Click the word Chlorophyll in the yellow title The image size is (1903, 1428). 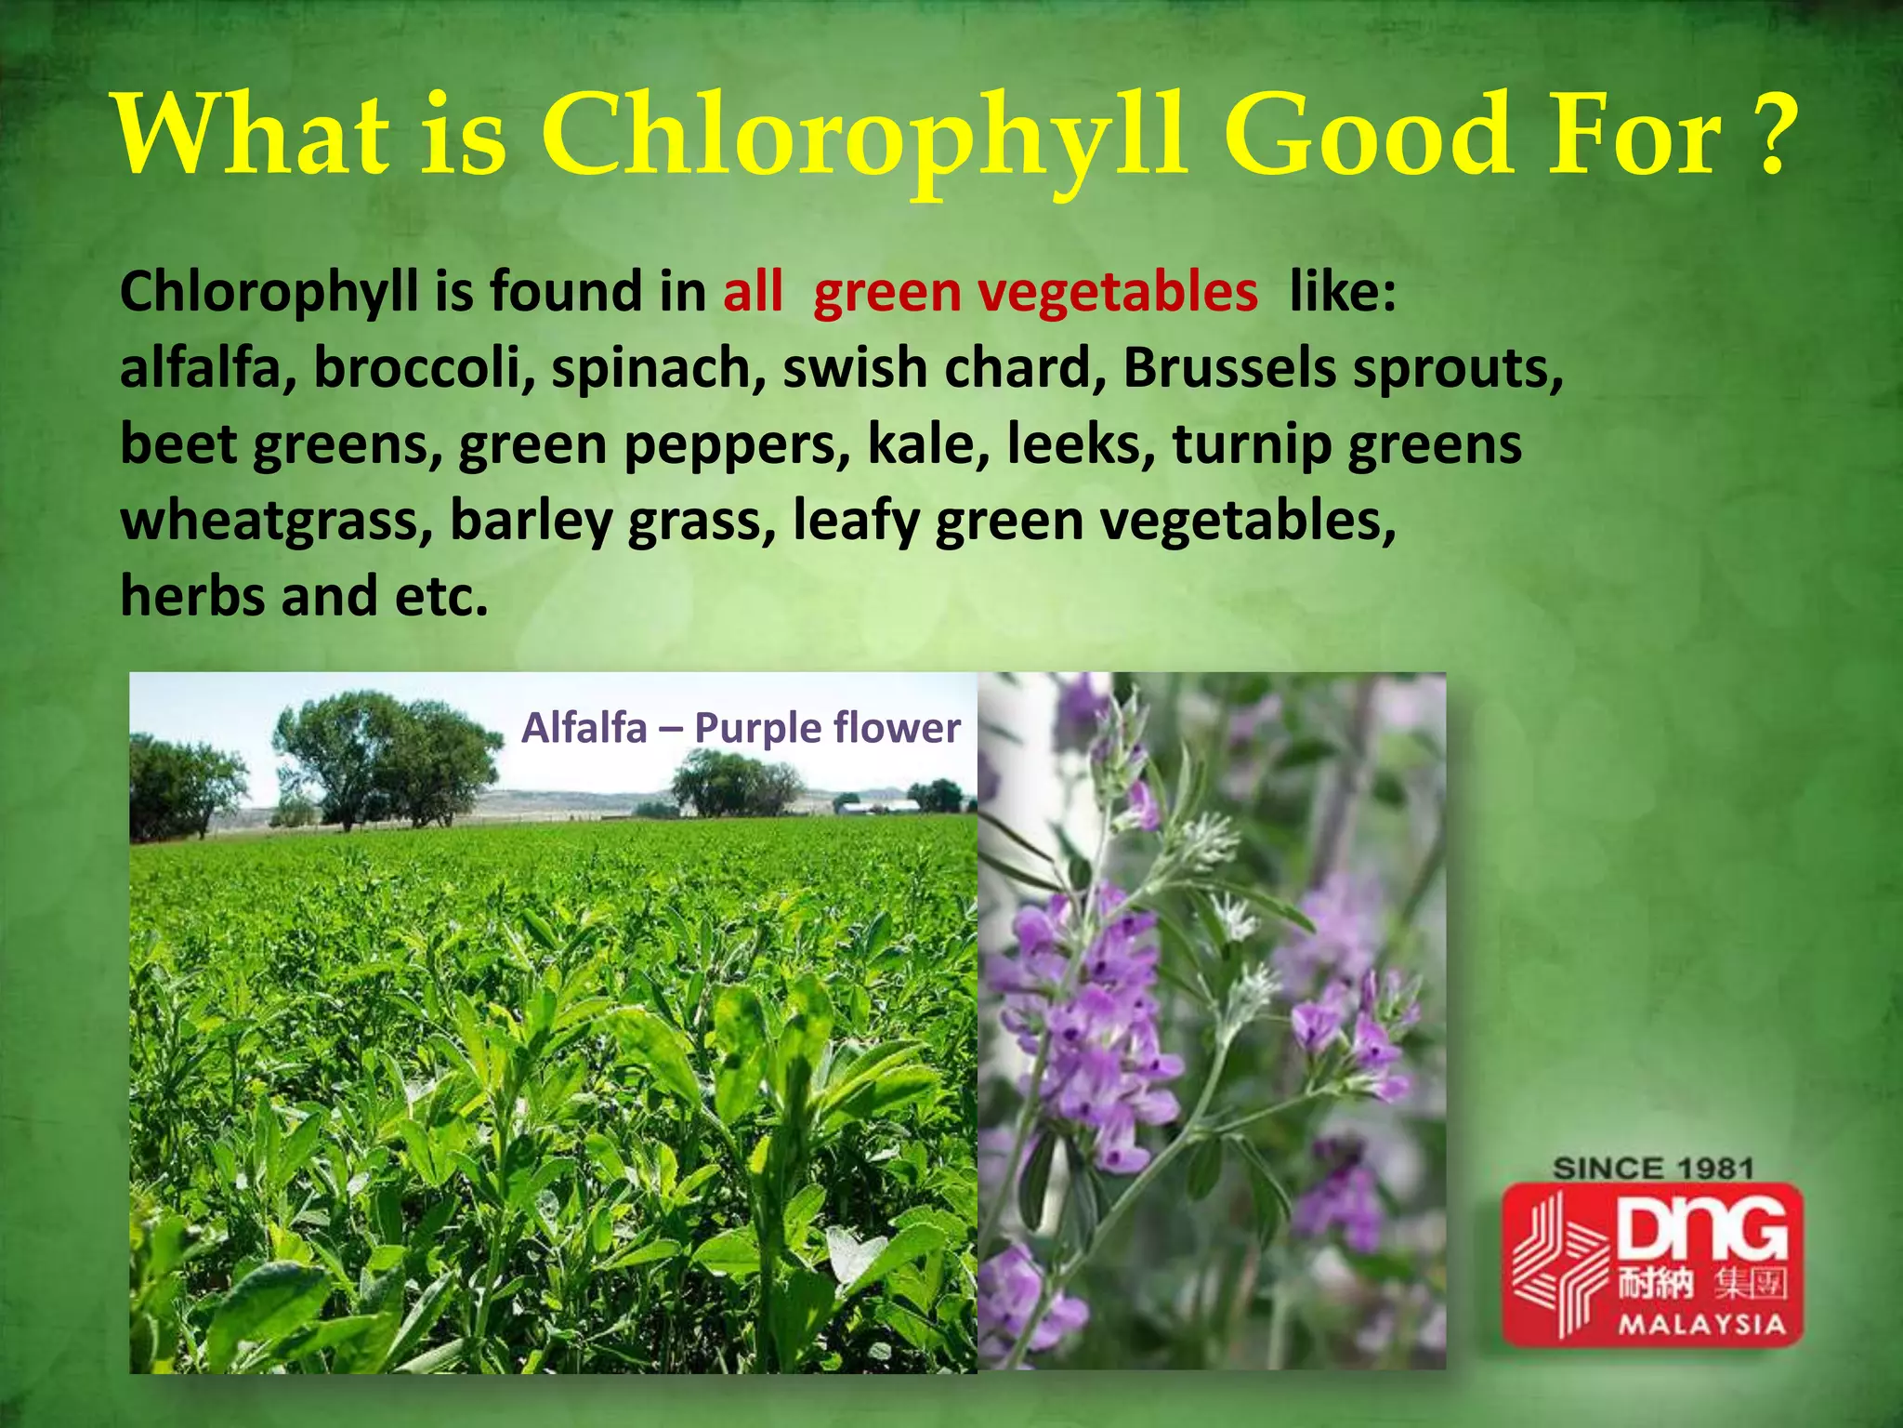(864, 138)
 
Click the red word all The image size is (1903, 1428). (753, 292)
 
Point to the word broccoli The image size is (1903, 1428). (424, 368)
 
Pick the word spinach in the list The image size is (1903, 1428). (658, 370)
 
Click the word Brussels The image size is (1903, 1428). (1228, 368)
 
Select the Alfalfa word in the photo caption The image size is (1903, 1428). (584, 728)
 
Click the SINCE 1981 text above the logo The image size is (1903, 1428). (1653, 1169)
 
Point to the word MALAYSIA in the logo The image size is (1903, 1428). (1702, 1324)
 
